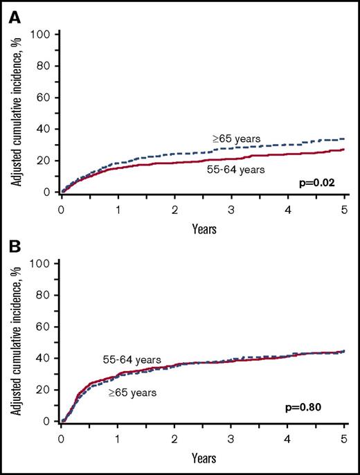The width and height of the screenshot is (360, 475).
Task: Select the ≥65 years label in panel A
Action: point(237,139)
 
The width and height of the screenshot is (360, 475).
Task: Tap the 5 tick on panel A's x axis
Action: point(345,206)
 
